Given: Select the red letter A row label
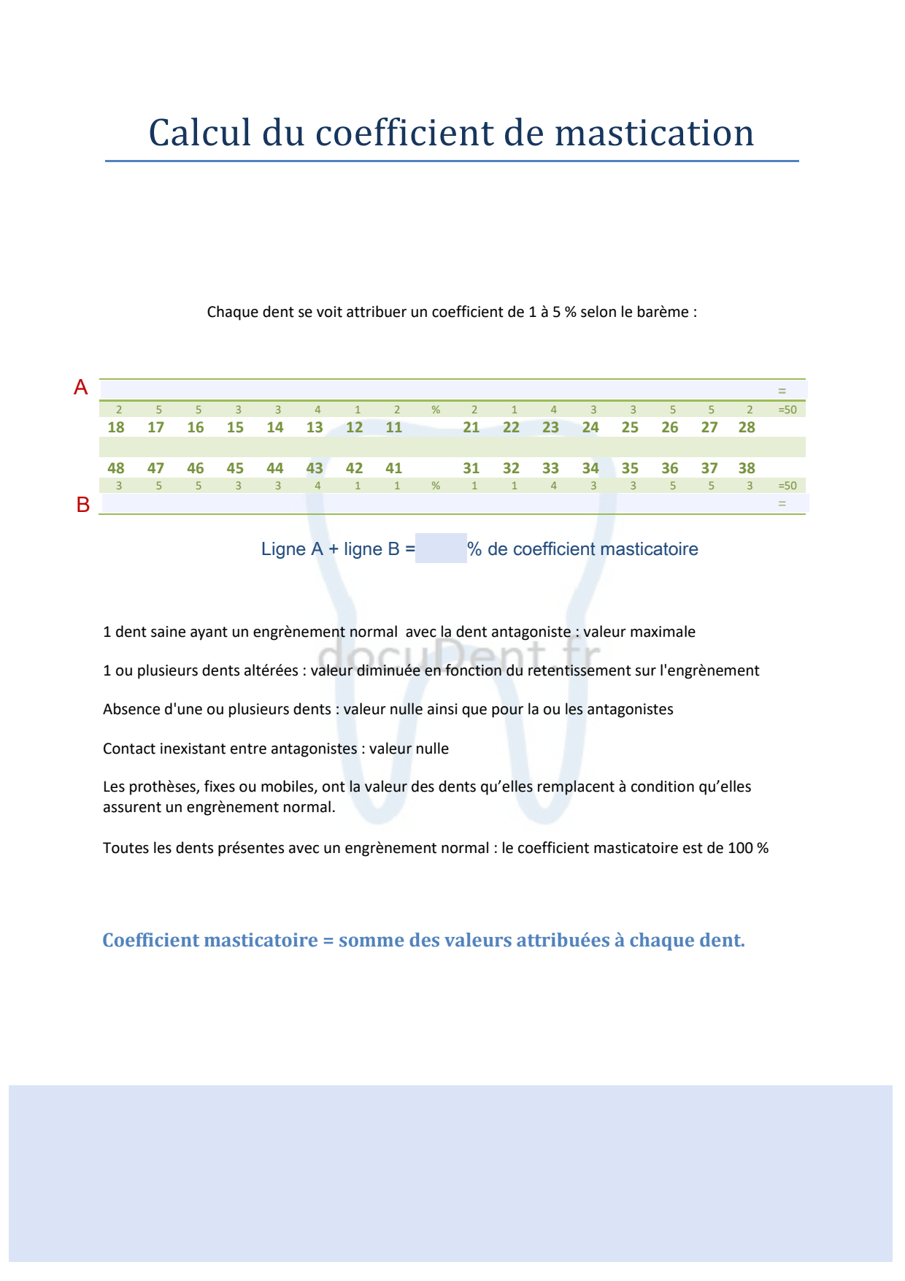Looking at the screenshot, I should [x=80, y=388].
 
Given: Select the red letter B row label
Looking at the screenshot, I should [x=83, y=505].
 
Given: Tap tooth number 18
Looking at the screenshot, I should [x=116, y=427].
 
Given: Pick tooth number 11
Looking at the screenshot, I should [x=394, y=427].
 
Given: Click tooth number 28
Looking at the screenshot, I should [x=747, y=427].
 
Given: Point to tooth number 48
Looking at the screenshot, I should [x=116, y=468].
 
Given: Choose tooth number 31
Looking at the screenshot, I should [x=471, y=468].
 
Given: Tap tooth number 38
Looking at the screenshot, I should [x=747, y=468].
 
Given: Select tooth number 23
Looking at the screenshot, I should [x=551, y=427].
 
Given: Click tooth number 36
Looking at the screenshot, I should [x=670, y=468].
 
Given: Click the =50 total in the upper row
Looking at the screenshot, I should [x=787, y=410].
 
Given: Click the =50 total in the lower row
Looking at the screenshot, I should [x=787, y=486].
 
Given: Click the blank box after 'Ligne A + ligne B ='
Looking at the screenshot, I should [x=441, y=548].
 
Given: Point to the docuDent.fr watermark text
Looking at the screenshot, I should [x=460, y=652].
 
